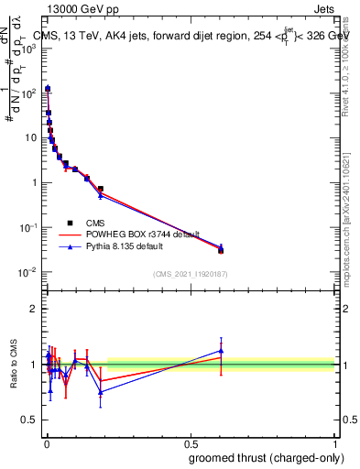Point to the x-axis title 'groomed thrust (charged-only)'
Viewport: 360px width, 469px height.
tap(267, 457)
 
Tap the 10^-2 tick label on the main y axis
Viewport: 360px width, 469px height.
tap(27, 272)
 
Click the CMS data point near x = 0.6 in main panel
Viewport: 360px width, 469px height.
tap(221, 250)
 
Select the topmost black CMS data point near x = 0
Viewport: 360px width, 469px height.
tap(48, 89)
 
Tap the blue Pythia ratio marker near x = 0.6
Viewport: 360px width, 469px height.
tap(221, 350)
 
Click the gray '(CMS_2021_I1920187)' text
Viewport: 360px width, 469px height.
tap(190, 273)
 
